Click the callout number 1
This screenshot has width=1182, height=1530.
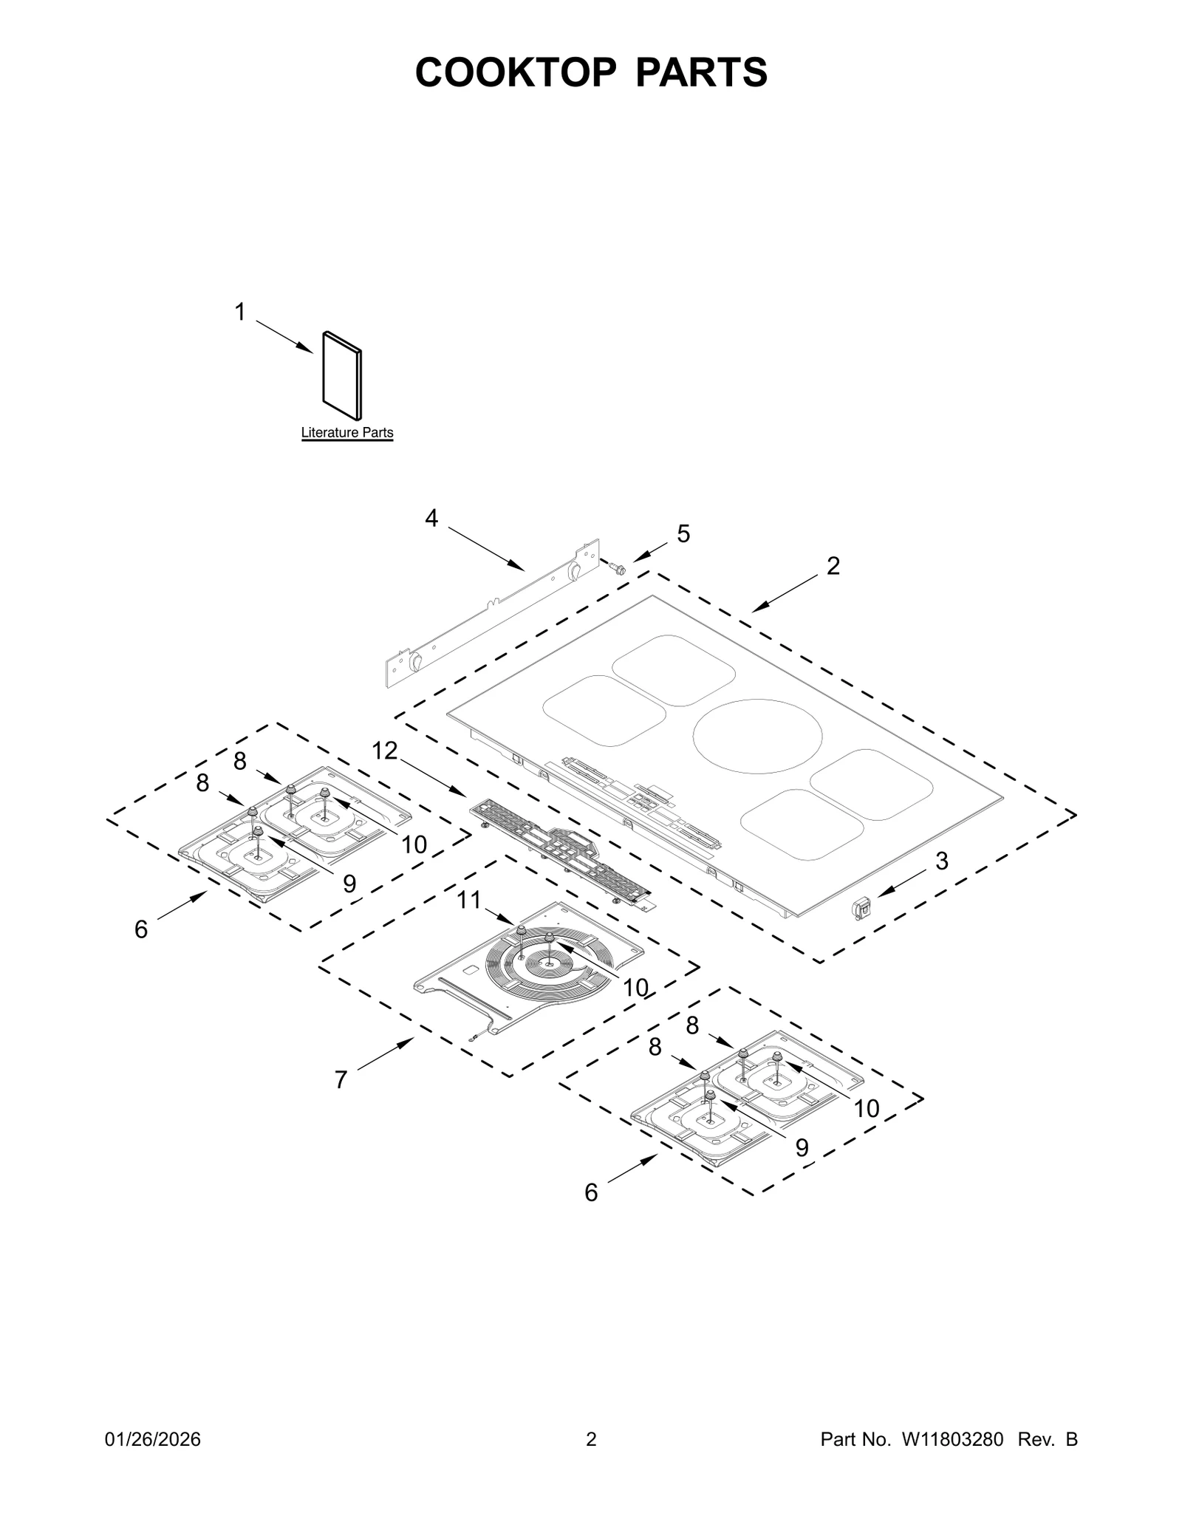pyautogui.click(x=239, y=313)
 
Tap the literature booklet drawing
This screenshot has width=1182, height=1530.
pyautogui.click(x=342, y=376)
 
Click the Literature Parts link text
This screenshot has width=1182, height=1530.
pyautogui.click(x=346, y=433)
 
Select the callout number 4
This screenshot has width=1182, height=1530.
pyautogui.click(x=431, y=519)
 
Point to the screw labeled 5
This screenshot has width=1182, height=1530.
pyautogui.click(x=615, y=567)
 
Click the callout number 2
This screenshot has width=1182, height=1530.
pyautogui.click(x=833, y=566)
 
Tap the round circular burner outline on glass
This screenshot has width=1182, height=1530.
pyautogui.click(x=758, y=737)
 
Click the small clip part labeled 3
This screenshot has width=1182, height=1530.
pyautogui.click(x=861, y=906)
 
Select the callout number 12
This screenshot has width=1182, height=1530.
pyautogui.click(x=384, y=751)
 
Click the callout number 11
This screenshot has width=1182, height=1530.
pyautogui.click(x=469, y=900)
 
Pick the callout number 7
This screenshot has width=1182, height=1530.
pyautogui.click(x=341, y=1080)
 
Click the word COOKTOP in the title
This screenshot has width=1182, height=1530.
pyautogui.click(x=515, y=72)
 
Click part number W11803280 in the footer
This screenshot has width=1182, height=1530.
pyautogui.click(x=950, y=1439)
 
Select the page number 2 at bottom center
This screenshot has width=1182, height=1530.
pyautogui.click(x=591, y=1439)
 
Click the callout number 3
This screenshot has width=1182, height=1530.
pyautogui.click(x=942, y=861)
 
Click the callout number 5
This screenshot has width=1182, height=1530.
pyautogui.click(x=683, y=533)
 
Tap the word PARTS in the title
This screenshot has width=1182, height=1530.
pyautogui.click(x=702, y=72)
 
